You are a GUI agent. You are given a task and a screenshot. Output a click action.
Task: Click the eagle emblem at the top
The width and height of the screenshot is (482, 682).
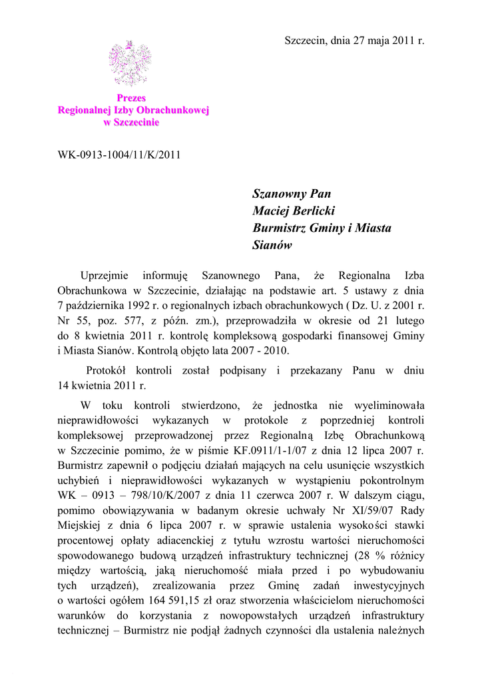[130, 63]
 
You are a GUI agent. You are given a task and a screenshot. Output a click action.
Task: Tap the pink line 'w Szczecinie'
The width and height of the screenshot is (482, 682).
[131, 122]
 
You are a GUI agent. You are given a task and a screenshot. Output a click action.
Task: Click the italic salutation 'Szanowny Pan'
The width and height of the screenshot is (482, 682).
[292, 194]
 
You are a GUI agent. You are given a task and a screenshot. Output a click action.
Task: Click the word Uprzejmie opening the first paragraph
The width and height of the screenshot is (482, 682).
[102, 275]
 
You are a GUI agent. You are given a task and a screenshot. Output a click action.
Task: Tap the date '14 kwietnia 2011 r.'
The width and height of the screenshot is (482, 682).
[101, 385]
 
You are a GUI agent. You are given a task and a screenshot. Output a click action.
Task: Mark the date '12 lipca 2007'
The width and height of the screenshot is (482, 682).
[375, 450]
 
